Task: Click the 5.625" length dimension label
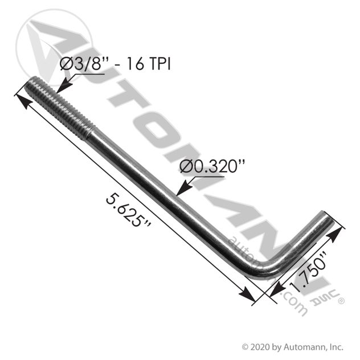point(128,210)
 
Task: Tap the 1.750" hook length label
point(308,272)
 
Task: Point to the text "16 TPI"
point(149,64)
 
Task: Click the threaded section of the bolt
point(60,108)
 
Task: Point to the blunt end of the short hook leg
point(327,218)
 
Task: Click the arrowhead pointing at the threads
point(64,85)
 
